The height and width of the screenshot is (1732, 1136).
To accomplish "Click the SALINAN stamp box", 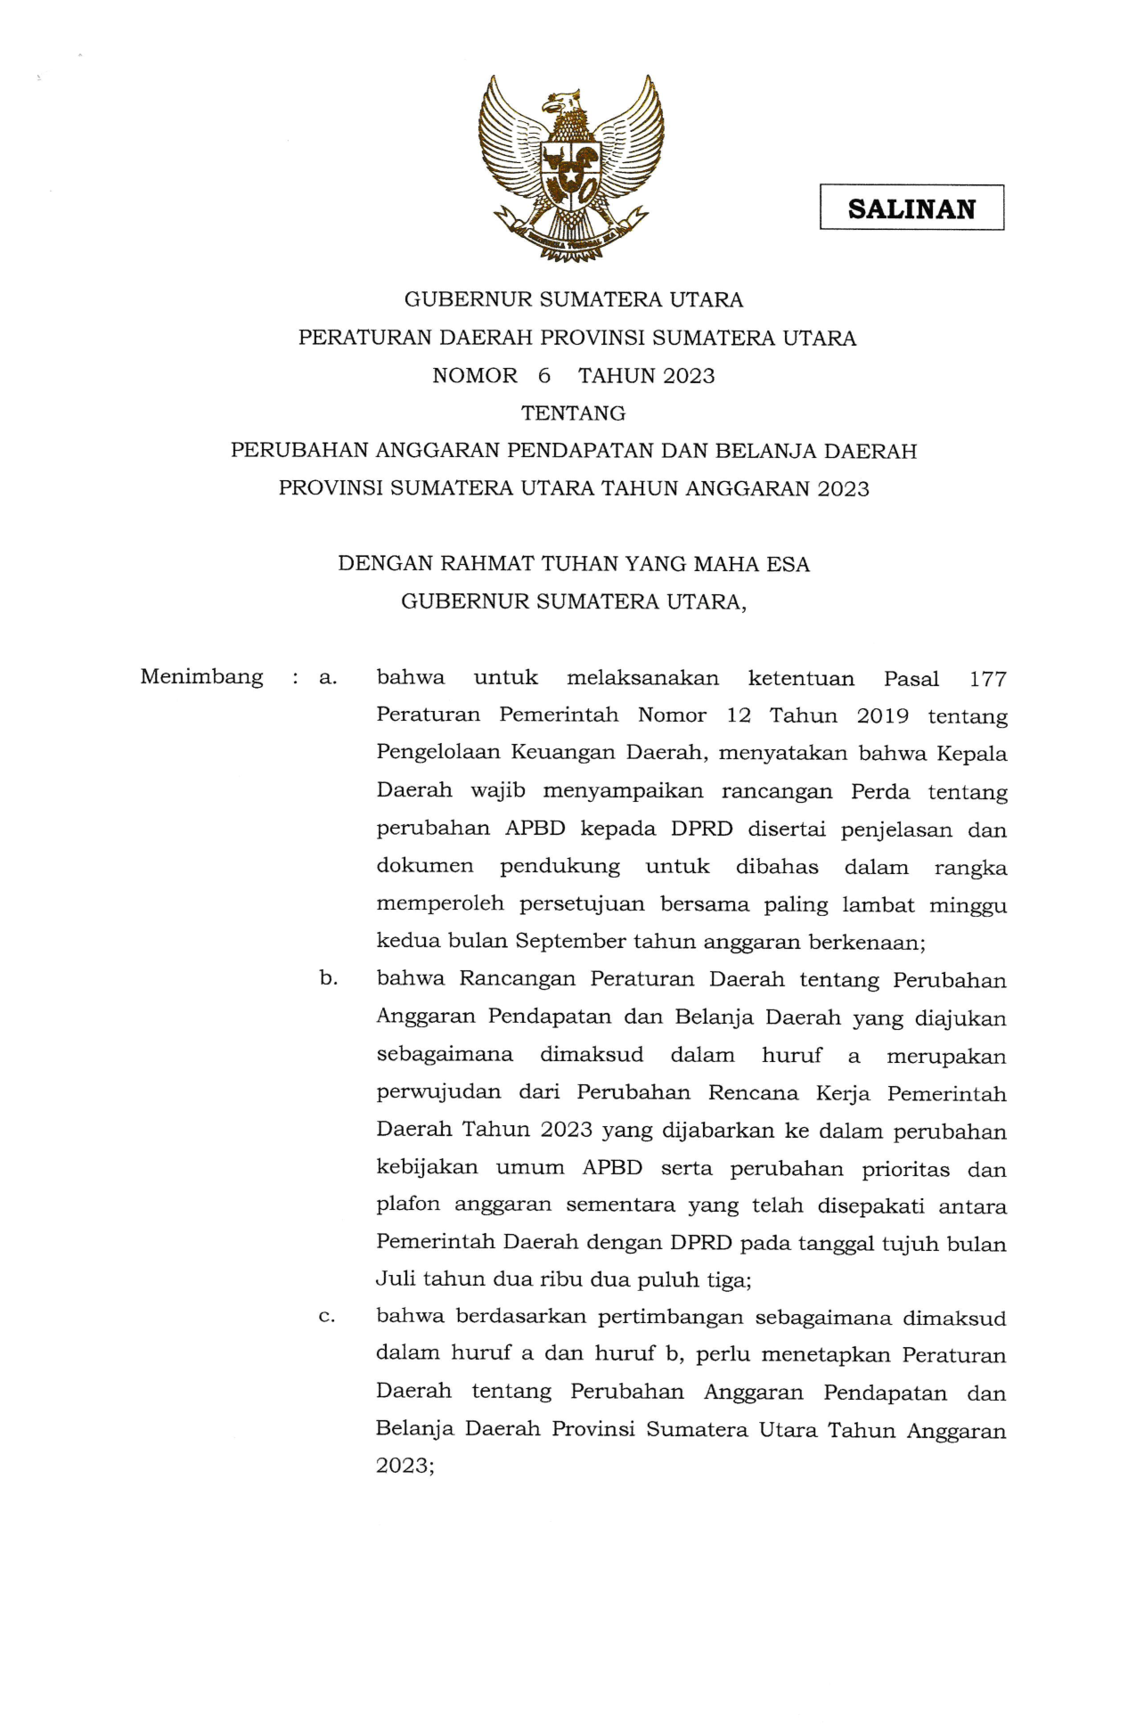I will coord(911,208).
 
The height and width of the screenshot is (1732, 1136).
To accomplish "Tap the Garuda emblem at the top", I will coord(571,167).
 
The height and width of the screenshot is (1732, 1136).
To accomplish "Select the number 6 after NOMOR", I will coord(544,376).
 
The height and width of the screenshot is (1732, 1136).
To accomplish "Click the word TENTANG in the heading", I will coord(573,413).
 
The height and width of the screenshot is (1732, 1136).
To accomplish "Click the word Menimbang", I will coord(201,677).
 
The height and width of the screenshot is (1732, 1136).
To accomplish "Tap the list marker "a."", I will coord(328,678).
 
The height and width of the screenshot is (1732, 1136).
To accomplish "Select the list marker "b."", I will coord(328,978).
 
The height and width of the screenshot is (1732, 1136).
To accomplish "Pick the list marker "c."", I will coord(326,1317).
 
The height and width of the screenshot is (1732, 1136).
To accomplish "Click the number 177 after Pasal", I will coord(987,679).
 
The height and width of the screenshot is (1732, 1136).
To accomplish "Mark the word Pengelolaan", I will coord(437,754).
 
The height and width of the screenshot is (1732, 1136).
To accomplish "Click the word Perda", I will coord(880,791).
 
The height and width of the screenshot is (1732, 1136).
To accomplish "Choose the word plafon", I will coord(408,1205).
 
